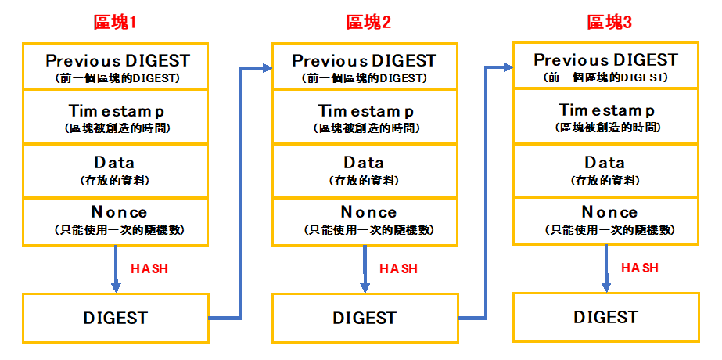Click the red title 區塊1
(115, 22)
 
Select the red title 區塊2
(368, 22)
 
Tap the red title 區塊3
(609, 22)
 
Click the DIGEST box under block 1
(116, 318)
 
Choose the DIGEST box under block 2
(365, 318)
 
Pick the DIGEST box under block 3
(606, 317)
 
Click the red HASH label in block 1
(149, 269)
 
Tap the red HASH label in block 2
(398, 268)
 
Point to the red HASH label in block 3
(640, 268)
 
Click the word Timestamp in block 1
(117, 111)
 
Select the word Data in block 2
(364, 163)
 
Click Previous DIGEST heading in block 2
(364, 60)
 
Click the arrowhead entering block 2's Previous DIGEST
(268, 68)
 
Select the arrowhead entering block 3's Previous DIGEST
(508, 68)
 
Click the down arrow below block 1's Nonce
(116, 268)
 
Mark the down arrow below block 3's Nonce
(606, 268)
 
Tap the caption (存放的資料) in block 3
(605, 181)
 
